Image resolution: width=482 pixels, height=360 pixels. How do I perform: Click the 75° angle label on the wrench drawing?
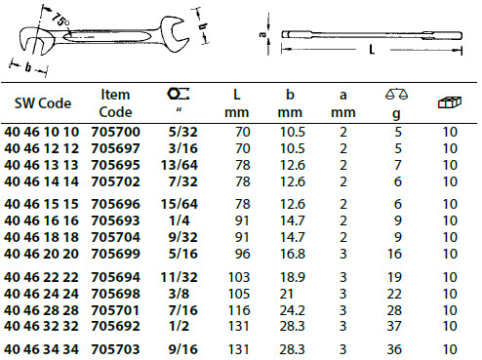click(x=60, y=20)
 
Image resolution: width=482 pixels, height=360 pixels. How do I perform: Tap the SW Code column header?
click(x=43, y=103)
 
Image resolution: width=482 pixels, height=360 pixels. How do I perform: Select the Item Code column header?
click(x=115, y=103)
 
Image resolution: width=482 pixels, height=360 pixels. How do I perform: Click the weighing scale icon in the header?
click(x=396, y=94)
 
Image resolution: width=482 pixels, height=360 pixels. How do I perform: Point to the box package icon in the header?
click(x=450, y=102)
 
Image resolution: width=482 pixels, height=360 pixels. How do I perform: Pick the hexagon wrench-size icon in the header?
click(x=179, y=94)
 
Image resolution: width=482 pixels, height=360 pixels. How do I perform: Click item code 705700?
click(x=115, y=132)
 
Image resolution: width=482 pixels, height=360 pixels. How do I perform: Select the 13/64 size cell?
click(x=180, y=165)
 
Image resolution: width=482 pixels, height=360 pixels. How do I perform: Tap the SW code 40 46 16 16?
click(x=41, y=220)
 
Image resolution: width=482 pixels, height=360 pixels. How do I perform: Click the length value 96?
click(x=242, y=254)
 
